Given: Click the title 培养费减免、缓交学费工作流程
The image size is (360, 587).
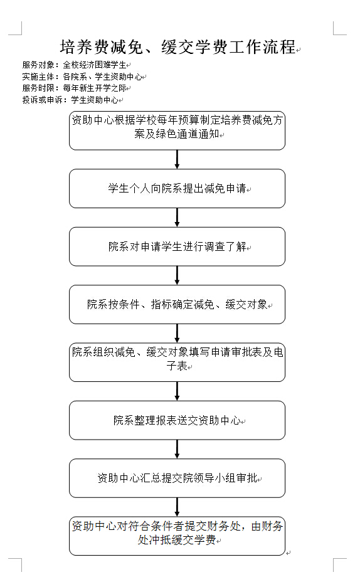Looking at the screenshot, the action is click(x=177, y=47).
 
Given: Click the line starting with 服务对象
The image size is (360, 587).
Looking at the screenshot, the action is click(x=75, y=65).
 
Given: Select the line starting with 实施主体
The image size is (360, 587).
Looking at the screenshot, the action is click(x=82, y=77).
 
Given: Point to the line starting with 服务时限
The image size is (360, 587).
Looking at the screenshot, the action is click(x=75, y=88).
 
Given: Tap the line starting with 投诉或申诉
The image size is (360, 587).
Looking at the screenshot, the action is click(x=70, y=100).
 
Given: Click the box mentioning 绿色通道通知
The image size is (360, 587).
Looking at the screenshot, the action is click(x=177, y=130).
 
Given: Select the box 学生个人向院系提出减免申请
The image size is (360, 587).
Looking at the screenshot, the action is click(x=177, y=189).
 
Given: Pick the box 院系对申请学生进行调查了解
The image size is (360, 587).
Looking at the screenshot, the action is click(x=177, y=246).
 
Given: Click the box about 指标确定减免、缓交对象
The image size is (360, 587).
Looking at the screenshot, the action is click(x=177, y=304).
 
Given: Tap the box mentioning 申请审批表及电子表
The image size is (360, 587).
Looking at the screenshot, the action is click(x=177, y=362).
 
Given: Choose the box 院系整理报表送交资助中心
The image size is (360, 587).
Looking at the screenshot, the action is click(x=177, y=420).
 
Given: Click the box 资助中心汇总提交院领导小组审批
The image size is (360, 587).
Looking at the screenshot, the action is click(x=177, y=479).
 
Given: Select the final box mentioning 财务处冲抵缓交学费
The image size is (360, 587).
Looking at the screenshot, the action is click(x=177, y=536).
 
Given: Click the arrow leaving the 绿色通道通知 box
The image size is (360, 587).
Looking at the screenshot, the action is click(x=177, y=159).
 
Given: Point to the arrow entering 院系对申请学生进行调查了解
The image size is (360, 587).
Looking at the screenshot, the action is click(x=177, y=218).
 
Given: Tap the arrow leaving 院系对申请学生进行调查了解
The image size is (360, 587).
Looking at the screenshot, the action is click(x=177, y=275).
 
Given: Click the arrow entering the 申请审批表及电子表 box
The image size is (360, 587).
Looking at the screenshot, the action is click(x=177, y=333).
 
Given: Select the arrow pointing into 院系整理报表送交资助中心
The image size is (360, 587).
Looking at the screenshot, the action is click(x=177, y=391).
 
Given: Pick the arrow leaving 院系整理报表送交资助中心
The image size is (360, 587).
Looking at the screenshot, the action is click(x=177, y=449).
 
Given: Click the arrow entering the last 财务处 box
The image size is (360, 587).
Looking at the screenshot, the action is click(x=177, y=507).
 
